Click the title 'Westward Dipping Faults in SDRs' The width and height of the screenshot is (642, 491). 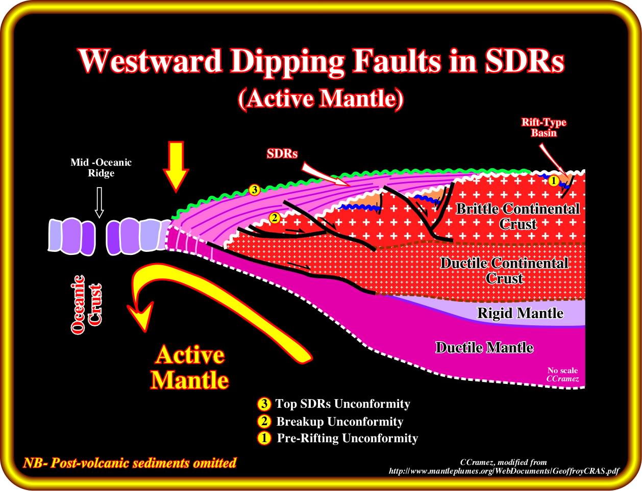[x=322, y=61]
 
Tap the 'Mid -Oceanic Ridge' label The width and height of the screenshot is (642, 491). [x=101, y=168]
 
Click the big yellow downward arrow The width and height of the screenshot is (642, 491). [x=176, y=167]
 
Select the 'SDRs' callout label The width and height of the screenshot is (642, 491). [x=282, y=154]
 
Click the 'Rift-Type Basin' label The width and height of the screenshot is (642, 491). [x=544, y=127]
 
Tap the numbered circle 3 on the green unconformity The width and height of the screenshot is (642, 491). [x=254, y=190]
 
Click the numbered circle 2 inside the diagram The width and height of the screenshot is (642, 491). [x=275, y=218]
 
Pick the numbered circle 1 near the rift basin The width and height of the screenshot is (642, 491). [x=553, y=180]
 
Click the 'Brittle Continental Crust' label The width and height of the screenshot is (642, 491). [x=517, y=216]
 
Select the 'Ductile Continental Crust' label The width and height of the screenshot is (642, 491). [x=504, y=271]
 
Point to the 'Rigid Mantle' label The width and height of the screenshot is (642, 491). [x=520, y=313]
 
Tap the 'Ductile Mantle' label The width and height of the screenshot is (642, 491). [x=484, y=347]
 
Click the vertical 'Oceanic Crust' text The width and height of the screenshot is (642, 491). [x=86, y=304]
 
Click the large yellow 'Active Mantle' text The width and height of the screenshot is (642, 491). [x=189, y=368]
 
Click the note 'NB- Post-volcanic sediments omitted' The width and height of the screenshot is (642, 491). [x=130, y=462]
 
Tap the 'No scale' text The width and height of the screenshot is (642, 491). [x=562, y=370]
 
